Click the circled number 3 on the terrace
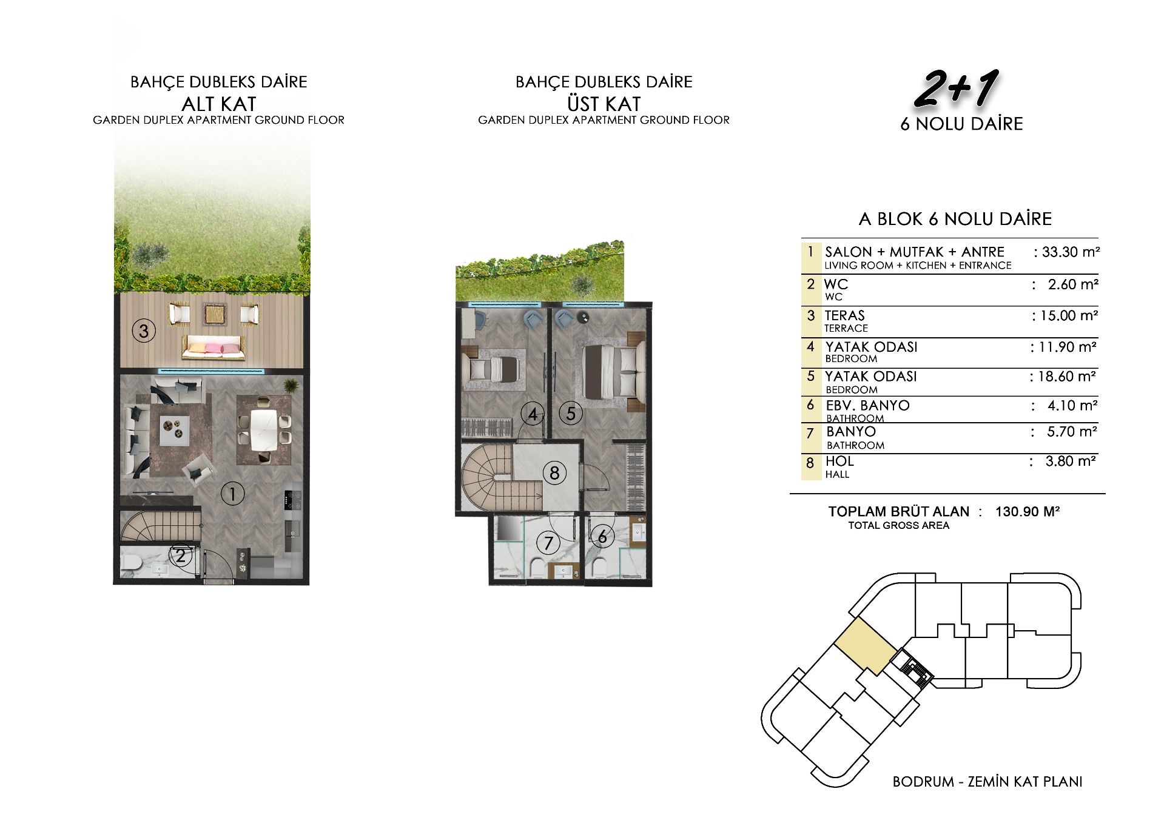[144, 331]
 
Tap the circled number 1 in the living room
[232, 494]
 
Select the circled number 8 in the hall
[554, 473]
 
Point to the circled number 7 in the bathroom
[548, 543]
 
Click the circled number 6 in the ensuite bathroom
[602, 537]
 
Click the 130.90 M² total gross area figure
[1028, 511]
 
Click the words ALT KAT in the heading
[219, 104]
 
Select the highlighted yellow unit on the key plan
[866, 647]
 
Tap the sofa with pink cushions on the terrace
[214, 348]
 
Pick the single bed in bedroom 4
[491, 369]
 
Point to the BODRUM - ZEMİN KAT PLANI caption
[987, 782]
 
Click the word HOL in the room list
[839, 461]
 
